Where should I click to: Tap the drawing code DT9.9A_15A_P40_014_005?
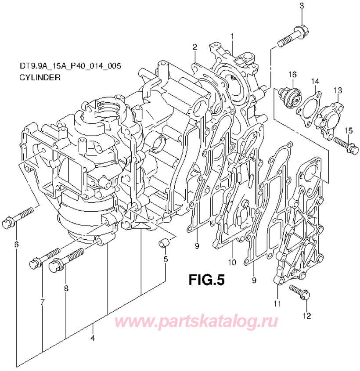coord(70,66)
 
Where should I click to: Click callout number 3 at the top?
coord(302,5)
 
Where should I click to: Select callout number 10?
coord(231,263)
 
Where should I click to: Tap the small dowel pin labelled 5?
coord(164,243)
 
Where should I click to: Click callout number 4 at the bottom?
coord(92,339)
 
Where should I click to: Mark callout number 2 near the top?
coord(194,47)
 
